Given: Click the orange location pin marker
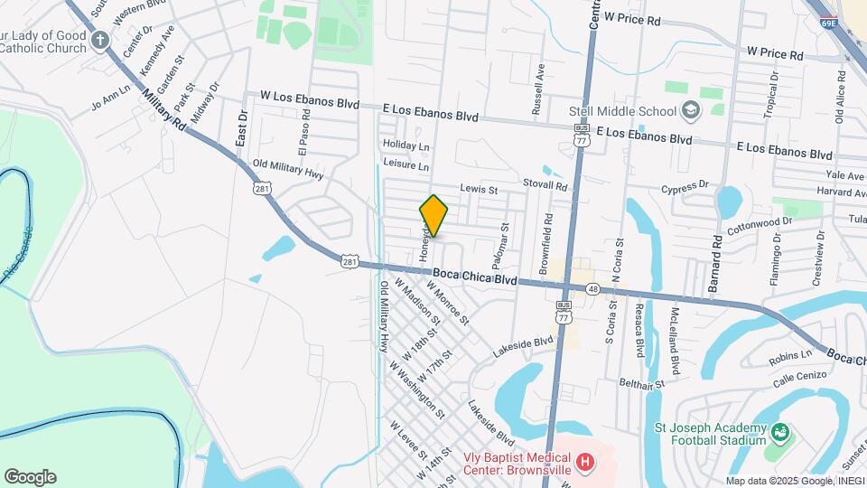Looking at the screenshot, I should tap(433, 215).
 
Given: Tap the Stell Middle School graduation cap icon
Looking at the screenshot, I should tap(692, 111).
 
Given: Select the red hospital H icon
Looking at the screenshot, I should tap(585, 464).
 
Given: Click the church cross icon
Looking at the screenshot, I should tap(99, 41).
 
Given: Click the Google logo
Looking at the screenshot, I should tap(30, 477).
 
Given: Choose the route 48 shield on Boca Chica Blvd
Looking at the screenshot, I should tap(592, 288).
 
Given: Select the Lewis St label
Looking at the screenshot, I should tap(479, 190).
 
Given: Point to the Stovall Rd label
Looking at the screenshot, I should tap(548, 184).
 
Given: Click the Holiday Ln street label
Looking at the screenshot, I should tap(406, 145).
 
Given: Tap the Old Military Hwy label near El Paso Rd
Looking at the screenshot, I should tap(287, 169).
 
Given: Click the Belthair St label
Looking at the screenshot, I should tap(642, 384).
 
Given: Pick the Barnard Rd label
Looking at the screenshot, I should tap(714, 262).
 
